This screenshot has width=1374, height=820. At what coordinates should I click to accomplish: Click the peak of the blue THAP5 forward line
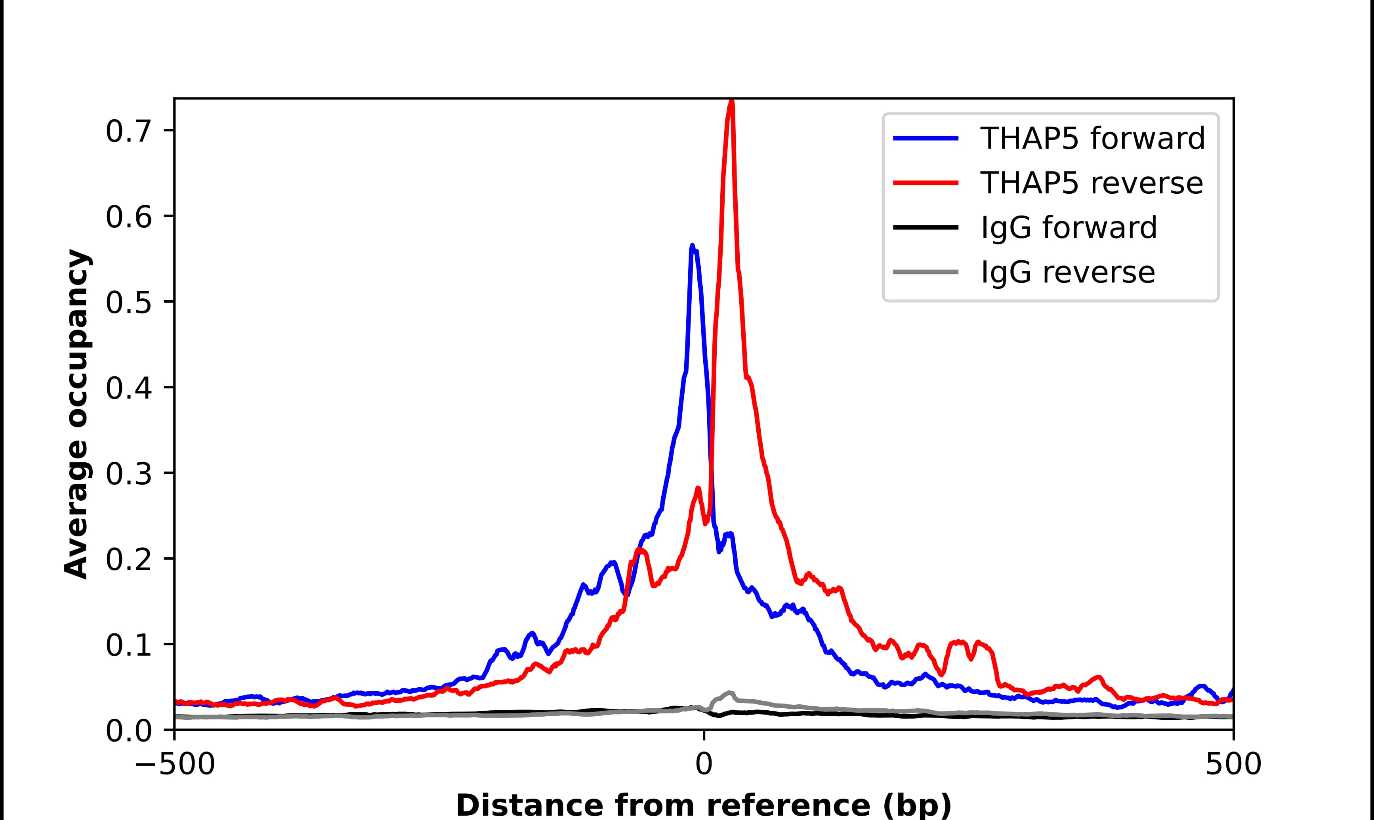[x=692, y=246]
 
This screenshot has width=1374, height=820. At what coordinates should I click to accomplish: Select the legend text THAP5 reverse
[x=1091, y=183]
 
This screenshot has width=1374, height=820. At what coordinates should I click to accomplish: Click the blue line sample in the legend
[x=926, y=138]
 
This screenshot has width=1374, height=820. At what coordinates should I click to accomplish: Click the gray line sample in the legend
[x=926, y=272]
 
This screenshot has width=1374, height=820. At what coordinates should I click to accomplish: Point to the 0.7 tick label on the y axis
[x=128, y=132]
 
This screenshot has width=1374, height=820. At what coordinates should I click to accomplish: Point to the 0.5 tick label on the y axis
[x=128, y=303]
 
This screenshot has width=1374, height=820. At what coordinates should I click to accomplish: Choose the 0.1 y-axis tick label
[x=128, y=645]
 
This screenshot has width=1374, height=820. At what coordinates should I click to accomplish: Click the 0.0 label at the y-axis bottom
[x=128, y=731]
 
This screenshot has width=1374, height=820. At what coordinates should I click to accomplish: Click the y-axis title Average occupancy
[x=76, y=414]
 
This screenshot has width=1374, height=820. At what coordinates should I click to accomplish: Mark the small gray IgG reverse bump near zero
[x=729, y=693]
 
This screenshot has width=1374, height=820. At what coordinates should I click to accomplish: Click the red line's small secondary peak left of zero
[x=698, y=488]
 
